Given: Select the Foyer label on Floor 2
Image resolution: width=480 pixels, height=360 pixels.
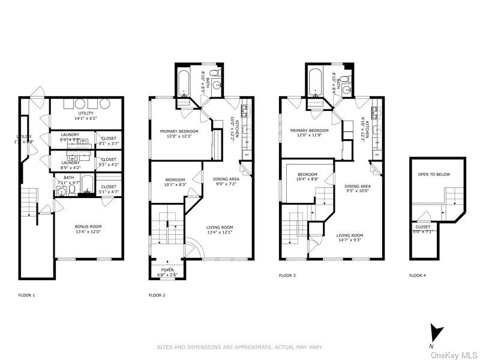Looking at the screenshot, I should pos(167,270).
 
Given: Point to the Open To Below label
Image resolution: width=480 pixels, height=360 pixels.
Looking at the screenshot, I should pos(434,175).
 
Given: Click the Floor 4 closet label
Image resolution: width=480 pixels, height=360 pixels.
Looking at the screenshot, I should pos(423,227).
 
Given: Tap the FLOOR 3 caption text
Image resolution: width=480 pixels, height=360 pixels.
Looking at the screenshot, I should pos(288,275).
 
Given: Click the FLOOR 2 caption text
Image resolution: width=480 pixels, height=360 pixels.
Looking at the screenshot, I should pos(158,295).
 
